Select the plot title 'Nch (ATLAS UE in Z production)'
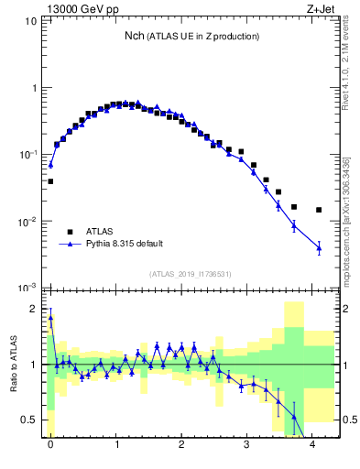coord(191,36)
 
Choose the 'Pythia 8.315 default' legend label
coord(125,244)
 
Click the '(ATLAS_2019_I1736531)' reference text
coord(191,274)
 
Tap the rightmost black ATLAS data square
coord(319,210)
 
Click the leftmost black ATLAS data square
coord(50,181)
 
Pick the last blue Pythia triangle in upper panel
coord(319,247)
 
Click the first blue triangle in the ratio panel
coord(50,319)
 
